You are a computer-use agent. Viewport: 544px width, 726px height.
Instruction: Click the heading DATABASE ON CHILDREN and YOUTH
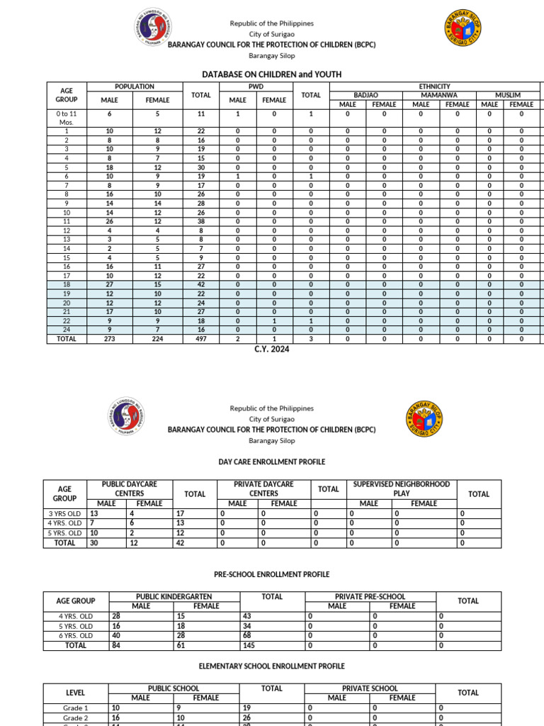272,74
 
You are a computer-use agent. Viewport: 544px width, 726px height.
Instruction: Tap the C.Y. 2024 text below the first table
272,349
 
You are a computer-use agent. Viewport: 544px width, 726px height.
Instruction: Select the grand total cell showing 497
201,339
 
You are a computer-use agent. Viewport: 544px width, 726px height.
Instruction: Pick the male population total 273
109,339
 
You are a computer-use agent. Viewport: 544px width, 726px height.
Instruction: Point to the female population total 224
157,339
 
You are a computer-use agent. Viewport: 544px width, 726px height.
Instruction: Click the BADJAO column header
365,95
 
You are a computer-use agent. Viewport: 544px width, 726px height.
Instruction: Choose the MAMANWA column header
438,95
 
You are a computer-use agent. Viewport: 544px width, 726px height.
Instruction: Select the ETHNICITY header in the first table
435,86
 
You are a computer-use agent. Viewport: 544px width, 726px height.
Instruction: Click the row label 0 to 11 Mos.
67,118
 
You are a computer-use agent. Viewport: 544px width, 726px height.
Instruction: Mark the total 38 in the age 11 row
201,220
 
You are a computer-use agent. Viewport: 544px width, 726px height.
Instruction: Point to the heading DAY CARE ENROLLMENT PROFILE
272,462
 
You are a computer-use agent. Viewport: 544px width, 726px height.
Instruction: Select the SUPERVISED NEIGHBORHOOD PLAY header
402,488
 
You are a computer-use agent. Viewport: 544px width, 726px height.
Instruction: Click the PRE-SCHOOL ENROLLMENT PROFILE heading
272,574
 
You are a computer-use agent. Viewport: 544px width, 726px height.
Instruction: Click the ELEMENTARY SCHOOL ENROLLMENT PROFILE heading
272,666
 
